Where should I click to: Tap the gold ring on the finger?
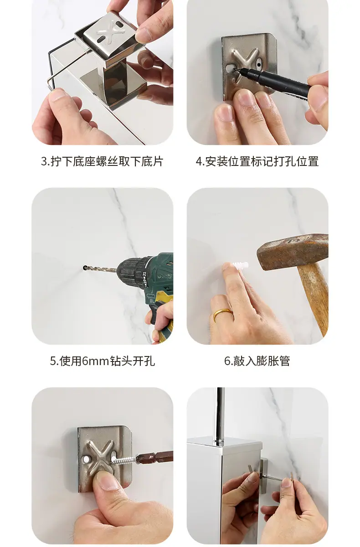222,313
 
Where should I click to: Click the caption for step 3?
102,161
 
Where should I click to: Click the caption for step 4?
257,161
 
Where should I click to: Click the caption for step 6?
257,361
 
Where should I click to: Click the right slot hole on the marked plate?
259,64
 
